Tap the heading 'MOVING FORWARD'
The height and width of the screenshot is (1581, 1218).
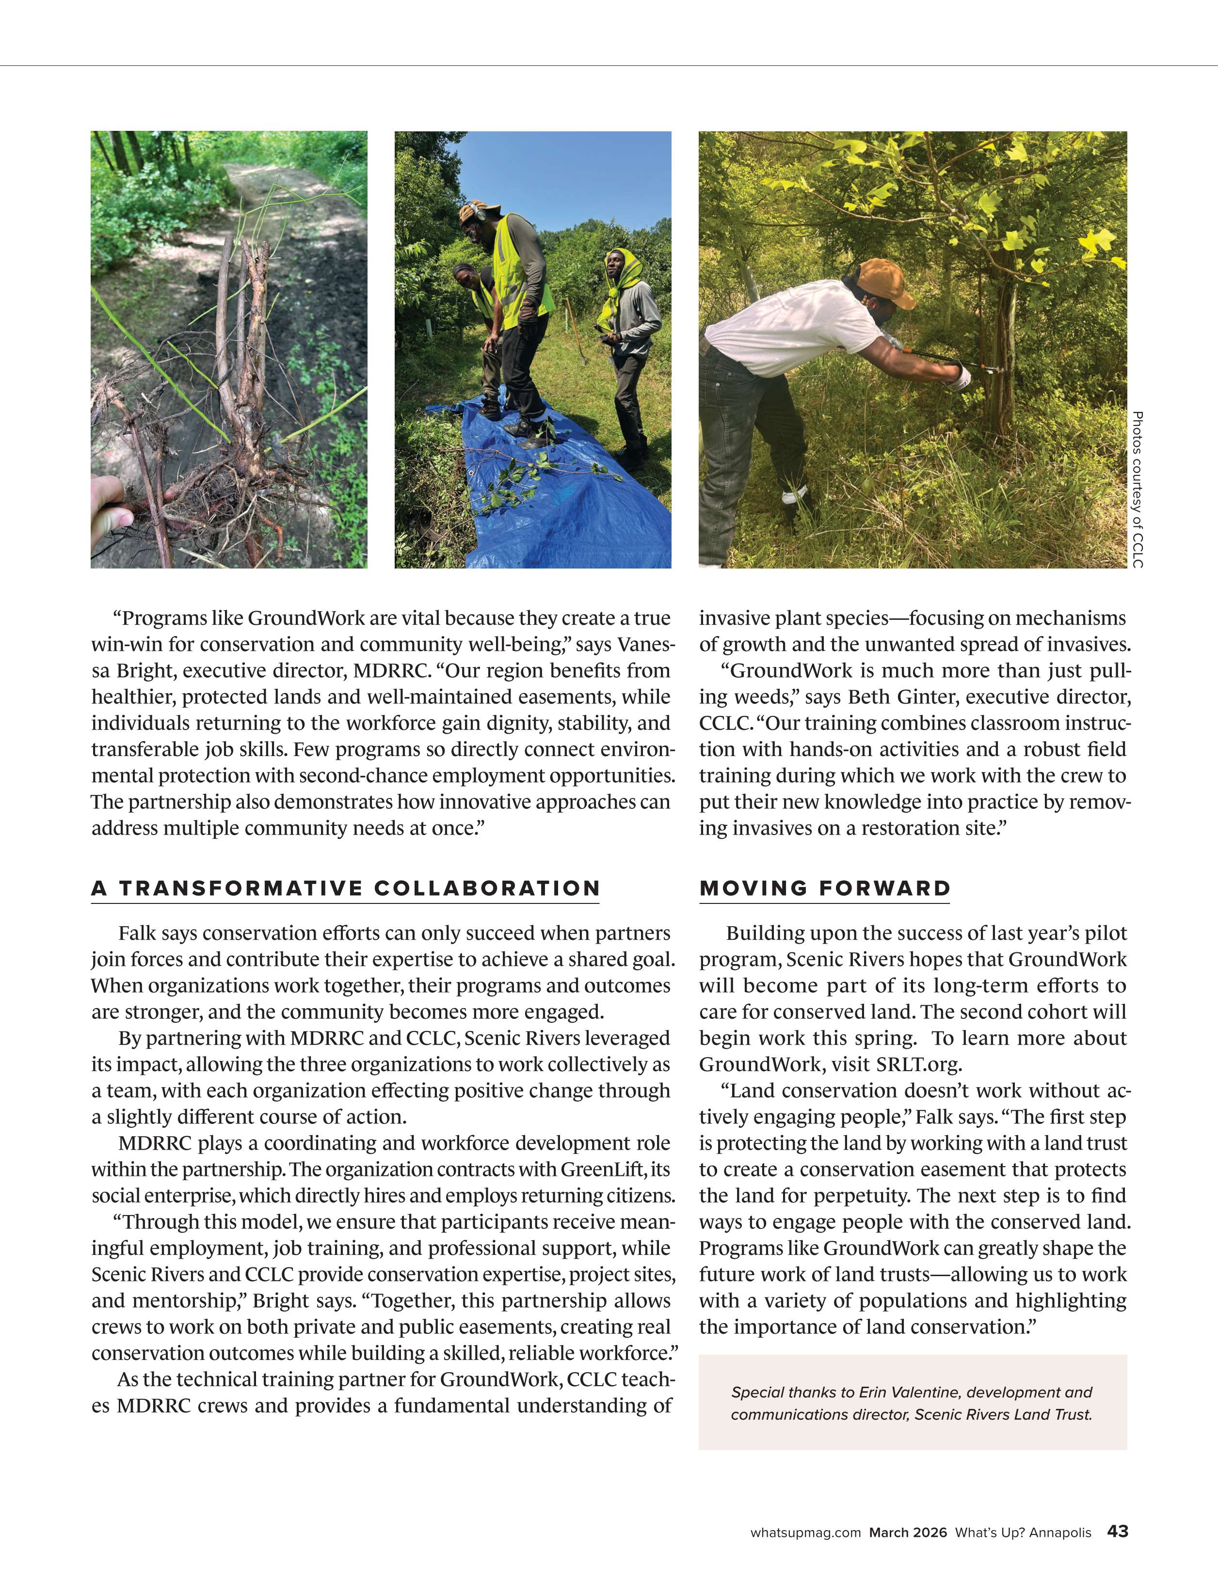(825, 888)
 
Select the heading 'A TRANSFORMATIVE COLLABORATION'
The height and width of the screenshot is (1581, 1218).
(345, 888)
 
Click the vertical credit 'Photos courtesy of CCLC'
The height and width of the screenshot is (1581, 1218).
(1137, 490)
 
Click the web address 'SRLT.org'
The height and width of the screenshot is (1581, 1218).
(918, 1064)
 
